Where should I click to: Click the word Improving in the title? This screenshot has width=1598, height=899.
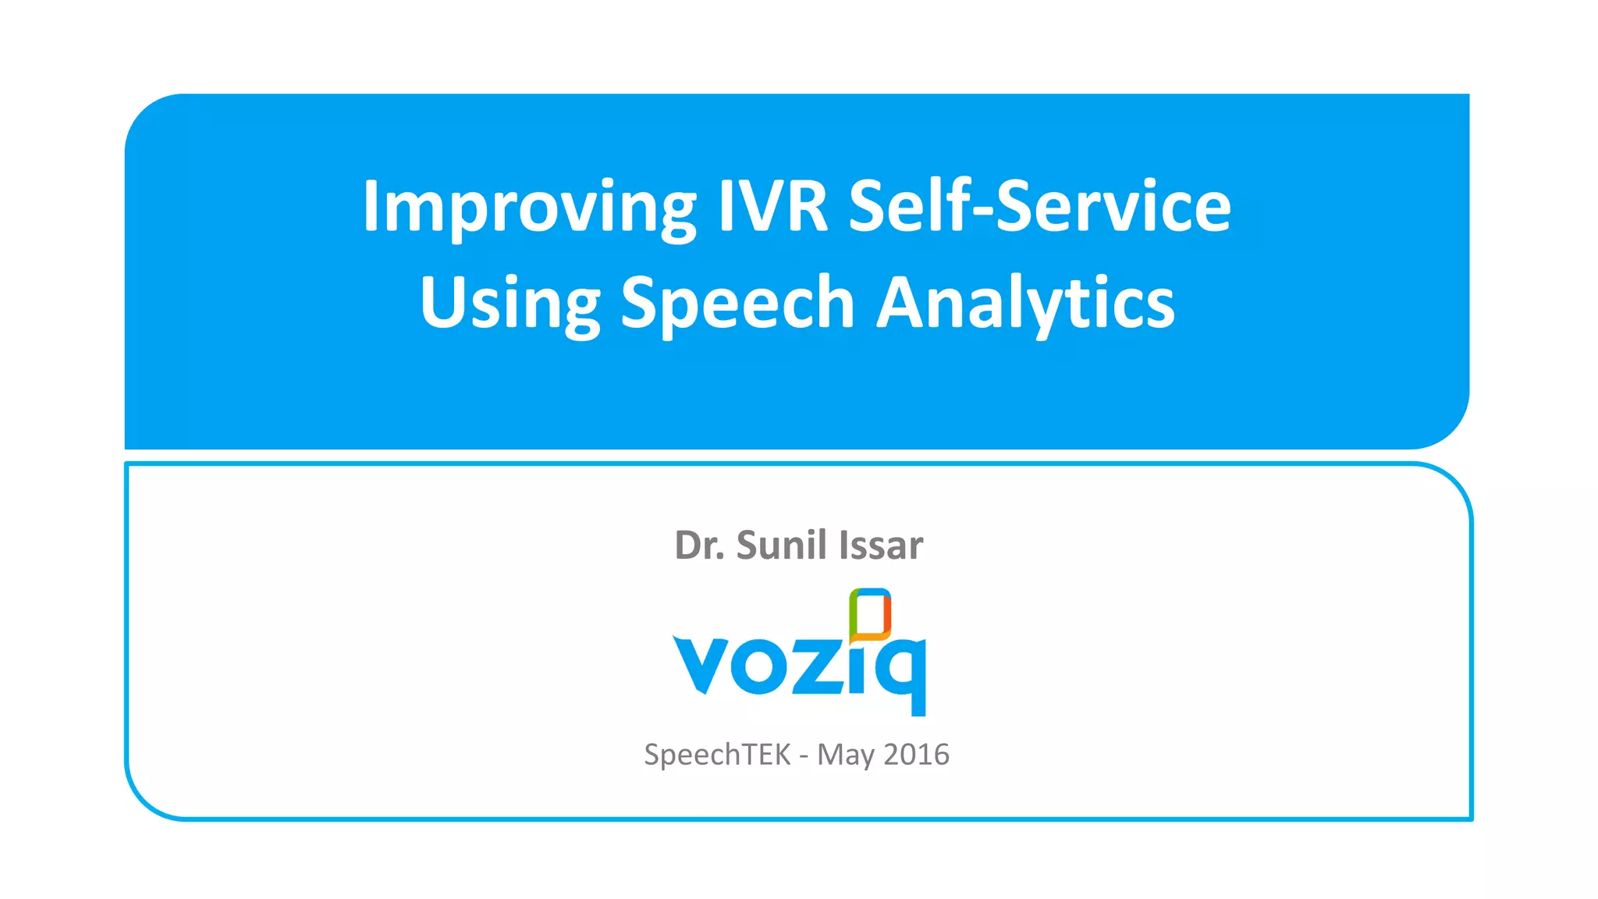[529, 208]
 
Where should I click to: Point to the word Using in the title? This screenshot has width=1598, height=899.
[510, 304]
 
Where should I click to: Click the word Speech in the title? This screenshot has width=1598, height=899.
[737, 304]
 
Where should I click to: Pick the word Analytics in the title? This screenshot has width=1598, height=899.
[1025, 304]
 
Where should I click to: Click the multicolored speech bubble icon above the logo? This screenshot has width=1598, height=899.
[870, 614]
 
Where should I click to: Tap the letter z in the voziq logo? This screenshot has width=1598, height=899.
[816, 666]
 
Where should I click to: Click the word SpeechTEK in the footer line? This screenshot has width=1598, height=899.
[717, 755]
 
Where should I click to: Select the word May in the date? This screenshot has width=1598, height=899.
[845, 755]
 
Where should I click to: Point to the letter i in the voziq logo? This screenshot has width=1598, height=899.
[858, 666]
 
